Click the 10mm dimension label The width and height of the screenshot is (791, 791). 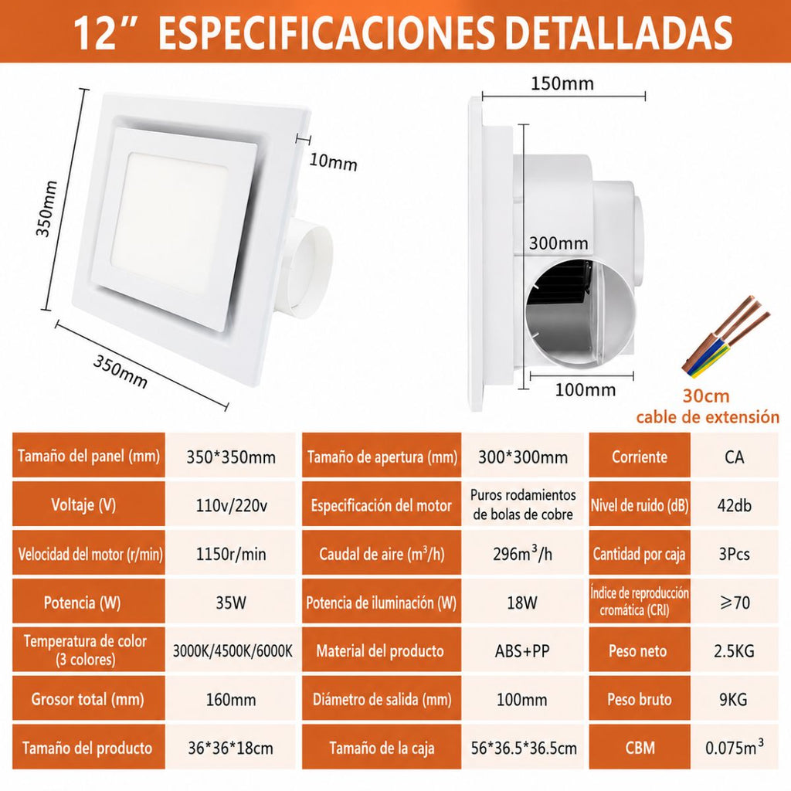[x=333, y=162]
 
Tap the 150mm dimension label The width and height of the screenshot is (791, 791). [x=562, y=83]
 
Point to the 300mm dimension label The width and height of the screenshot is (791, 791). [x=558, y=243]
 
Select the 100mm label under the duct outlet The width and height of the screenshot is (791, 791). [x=586, y=390]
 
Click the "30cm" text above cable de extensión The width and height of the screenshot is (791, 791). [x=706, y=396]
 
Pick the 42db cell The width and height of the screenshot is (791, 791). [x=734, y=505]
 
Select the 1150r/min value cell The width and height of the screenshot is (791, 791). [x=230, y=554]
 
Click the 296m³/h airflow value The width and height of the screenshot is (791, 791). [x=523, y=553]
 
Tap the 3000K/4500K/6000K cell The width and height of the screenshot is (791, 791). [x=232, y=650]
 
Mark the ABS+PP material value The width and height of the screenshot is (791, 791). [x=522, y=650]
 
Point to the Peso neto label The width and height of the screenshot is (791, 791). [x=639, y=650]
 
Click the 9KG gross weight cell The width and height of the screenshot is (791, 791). [x=734, y=699]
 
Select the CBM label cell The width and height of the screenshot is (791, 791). [x=639, y=747]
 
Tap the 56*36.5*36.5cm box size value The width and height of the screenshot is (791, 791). [x=523, y=748]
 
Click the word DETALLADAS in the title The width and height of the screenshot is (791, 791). [x=618, y=33]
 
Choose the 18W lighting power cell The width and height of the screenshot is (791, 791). [x=523, y=603]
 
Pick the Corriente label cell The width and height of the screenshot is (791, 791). [x=639, y=457]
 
